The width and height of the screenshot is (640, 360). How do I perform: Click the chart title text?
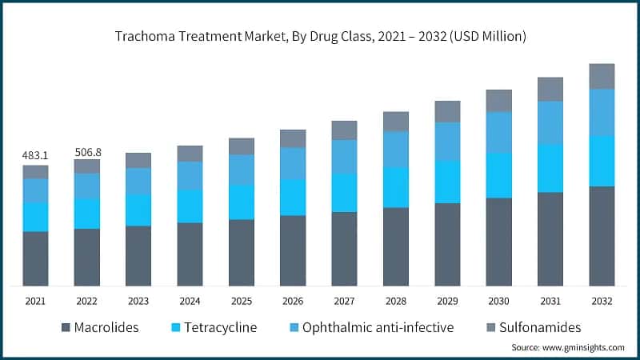[x=320, y=37]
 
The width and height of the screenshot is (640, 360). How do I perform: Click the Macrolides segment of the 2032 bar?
[x=602, y=236]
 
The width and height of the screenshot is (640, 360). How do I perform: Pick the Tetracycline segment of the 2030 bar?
[x=499, y=175]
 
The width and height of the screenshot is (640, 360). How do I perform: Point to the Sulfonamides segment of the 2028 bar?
[x=396, y=122]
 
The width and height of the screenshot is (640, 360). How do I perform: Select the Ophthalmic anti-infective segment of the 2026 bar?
[x=293, y=163]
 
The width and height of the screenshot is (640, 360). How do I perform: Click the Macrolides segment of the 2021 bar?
[x=35, y=258]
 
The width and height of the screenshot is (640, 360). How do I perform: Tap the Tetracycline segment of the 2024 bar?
[x=190, y=206]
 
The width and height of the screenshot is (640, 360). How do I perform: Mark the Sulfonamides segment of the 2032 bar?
[x=602, y=76]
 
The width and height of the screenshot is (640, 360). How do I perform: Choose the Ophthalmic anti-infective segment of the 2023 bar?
[x=138, y=181]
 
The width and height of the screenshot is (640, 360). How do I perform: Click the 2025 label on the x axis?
[x=241, y=302]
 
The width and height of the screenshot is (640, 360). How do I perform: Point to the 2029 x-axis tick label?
[x=447, y=302]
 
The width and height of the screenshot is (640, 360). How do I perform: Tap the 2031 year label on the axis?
[x=550, y=302]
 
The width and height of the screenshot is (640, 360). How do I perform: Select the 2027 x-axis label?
[x=344, y=302]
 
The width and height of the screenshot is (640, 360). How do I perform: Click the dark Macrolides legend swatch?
[x=66, y=328]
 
